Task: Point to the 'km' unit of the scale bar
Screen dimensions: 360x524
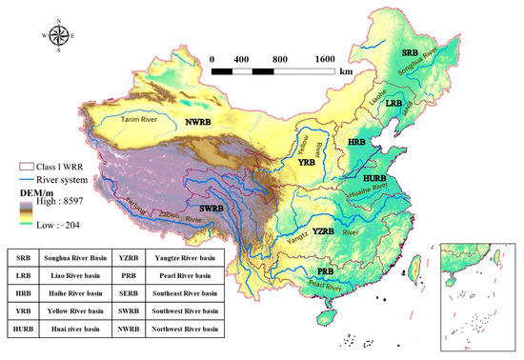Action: [345, 70]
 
